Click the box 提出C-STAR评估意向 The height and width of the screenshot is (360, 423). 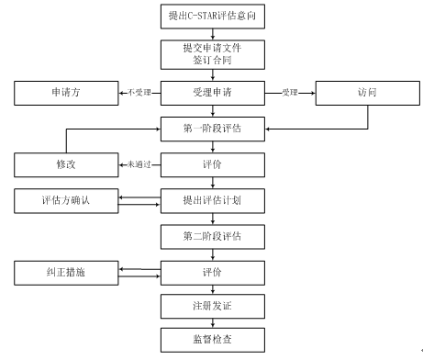tap(212, 16)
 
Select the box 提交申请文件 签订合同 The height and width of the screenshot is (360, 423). tap(212, 53)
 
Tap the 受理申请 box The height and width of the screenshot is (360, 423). tap(212, 92)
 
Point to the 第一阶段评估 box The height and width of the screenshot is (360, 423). tap(212, 128)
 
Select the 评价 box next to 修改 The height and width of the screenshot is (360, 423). tap(212, 164)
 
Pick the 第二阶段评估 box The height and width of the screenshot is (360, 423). tap(212, 236)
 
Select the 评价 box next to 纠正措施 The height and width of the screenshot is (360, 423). tap(212, 272)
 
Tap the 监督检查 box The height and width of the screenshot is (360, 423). tap(212, 339)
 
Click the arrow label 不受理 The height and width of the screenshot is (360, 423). tap(138, 92)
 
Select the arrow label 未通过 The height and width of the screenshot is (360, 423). tap(138, 164)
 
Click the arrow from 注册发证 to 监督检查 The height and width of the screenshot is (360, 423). tap(212, 321)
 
